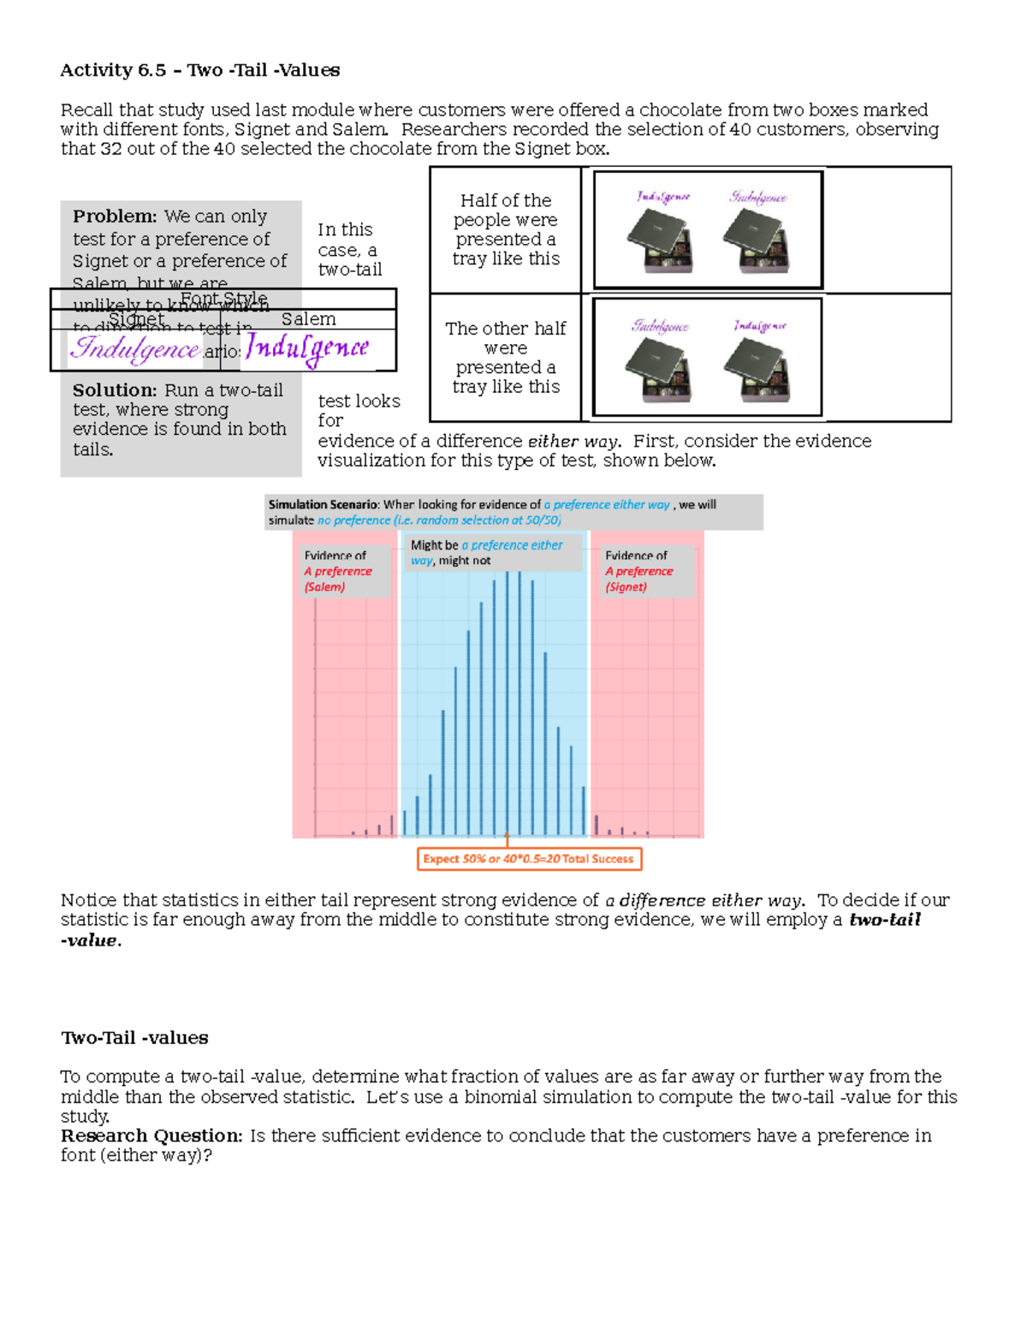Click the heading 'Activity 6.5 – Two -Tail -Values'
pos(199,70)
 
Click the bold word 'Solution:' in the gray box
pos(115,390)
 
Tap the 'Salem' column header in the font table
pos(308,319)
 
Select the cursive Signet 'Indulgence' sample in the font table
pos(135,348)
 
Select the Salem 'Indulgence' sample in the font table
pos(307,348)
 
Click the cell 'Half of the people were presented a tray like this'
pos(506,229)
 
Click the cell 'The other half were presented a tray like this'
pos(506,358)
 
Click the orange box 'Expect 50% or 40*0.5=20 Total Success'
pos(529,858)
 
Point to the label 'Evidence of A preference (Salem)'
pos(339,571)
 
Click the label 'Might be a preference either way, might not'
pos(488,552)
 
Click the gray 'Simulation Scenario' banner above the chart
pos(513,512)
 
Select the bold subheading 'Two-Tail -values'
pos(134,1038)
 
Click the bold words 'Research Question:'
pos(151,1136)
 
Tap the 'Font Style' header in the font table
pos(223,299)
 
